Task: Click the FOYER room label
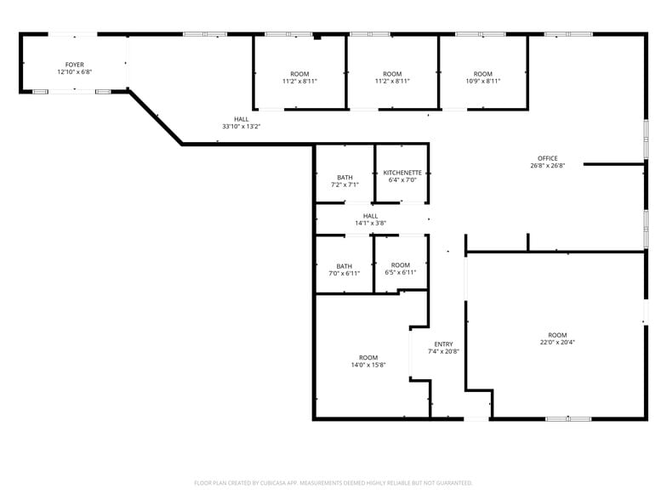point(75,65)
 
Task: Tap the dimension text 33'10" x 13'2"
point(242,126)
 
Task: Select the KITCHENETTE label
point(402,173)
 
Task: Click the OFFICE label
point(548,158)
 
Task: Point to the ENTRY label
point(444,344)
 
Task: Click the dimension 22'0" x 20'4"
point(557,342)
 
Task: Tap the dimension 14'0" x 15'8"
point(368,365)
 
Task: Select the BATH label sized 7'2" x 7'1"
point(345,177)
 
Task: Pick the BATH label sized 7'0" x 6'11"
point(344,266)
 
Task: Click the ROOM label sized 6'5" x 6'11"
point(400,265)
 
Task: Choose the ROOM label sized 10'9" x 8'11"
point(483,73)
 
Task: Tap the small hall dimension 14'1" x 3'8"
point(371,223)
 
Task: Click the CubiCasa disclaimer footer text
point(333,483)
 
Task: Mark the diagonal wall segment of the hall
point(156,117)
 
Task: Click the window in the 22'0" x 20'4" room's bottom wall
point(568,418)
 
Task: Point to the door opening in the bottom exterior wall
point(476,418)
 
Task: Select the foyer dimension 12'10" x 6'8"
point(75,71)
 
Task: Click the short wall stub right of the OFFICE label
point(614,164)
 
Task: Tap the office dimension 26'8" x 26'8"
point(548,165)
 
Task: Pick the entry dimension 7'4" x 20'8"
point(443,351)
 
